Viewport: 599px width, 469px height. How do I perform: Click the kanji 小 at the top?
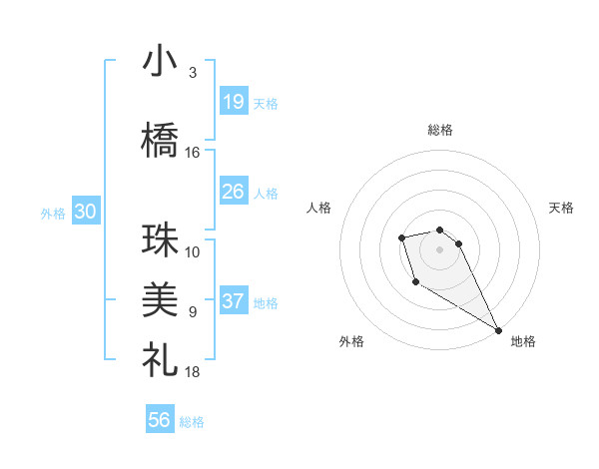[161, 62]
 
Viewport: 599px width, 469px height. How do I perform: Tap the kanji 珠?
[161, 240]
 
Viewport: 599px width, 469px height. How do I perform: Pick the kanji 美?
[161, 297]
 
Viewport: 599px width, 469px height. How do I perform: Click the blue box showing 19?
[233, 102]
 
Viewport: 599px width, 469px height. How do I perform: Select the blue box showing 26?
[233, 192]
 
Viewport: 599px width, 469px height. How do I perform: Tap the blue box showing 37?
[233, 302]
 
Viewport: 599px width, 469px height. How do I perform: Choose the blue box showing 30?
[85, 212]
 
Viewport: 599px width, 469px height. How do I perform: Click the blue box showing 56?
[160, 420]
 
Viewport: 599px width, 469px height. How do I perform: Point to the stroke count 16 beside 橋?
[193, 153]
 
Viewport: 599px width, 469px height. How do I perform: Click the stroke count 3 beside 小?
[192, 73]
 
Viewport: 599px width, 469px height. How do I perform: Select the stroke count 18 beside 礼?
[193, 372]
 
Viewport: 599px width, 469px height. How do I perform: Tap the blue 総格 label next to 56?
[192, 422]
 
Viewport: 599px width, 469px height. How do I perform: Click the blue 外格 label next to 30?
[53, 213]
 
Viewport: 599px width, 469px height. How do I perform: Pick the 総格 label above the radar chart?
[439, 130]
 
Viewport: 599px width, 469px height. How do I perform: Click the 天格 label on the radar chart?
[561, 208]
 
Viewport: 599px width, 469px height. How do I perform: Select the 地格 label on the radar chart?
[523, 341]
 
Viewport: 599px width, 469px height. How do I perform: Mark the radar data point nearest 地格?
[499, 330]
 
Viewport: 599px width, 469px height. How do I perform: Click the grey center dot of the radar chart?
[439, 248]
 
